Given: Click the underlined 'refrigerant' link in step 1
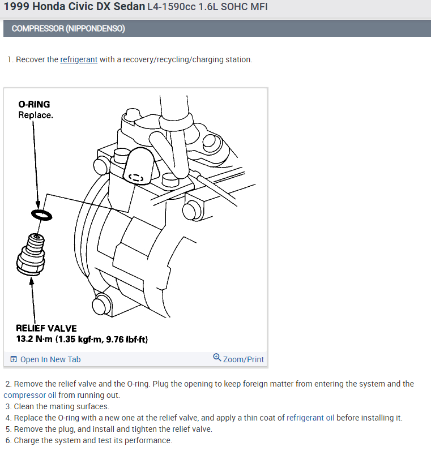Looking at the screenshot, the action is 79,59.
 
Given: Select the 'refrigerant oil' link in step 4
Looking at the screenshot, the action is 310,418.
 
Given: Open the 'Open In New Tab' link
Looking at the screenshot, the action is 50,359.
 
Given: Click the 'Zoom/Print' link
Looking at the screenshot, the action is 243,359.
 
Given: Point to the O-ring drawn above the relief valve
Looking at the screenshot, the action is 41,215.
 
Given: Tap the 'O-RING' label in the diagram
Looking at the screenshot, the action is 34,104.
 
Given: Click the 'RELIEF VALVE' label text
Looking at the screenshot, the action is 46,328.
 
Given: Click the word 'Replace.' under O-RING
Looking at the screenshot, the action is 36,115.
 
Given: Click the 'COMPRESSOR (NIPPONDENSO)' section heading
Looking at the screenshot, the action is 68,28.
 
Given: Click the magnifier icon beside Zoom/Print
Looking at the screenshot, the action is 217,358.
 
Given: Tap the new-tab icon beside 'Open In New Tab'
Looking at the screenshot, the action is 14,359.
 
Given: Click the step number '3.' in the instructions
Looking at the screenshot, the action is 8,406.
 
